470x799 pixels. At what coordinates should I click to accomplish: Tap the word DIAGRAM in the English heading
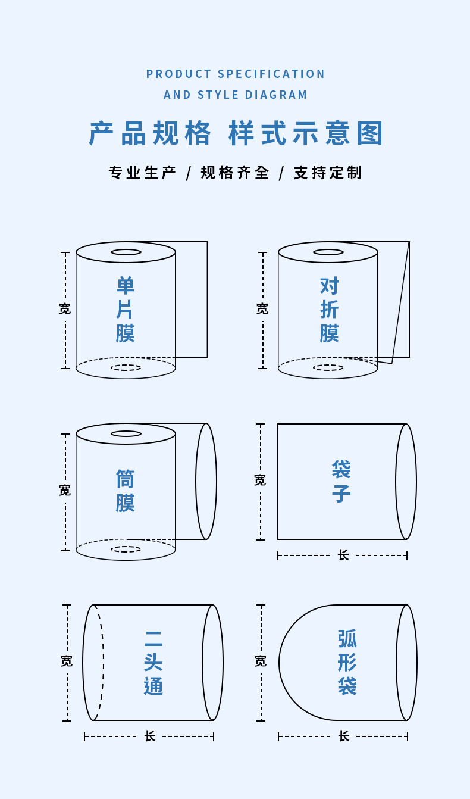pos(276,95)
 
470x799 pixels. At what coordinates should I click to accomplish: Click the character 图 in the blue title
pos(370,133)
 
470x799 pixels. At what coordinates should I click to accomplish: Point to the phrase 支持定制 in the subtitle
pos(328,173)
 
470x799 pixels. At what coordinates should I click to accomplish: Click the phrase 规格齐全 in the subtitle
pos(235,173)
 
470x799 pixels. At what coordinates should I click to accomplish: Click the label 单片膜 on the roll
pos(126,310)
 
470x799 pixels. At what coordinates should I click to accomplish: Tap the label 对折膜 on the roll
pos(329,310)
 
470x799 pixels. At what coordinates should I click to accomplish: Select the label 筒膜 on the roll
pos(126,491)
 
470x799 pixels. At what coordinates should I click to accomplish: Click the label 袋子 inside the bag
pos(341,481)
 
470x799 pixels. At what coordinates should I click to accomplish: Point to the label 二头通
pos(153,663)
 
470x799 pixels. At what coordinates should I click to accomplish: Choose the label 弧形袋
pos(347,662)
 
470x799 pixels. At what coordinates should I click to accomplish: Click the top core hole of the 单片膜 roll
pos(126,252)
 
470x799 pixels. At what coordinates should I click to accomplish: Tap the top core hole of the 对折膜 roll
pos(328,252)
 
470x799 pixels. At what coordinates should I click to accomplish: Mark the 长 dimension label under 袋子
pos(343,555)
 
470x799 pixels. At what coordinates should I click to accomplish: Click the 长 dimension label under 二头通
pos(150,736)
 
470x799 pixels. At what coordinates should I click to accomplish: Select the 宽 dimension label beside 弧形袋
pos(261,661)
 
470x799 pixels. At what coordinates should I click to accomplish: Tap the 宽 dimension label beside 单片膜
pos(65,308)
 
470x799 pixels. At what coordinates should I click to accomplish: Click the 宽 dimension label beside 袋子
pos(260,480)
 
